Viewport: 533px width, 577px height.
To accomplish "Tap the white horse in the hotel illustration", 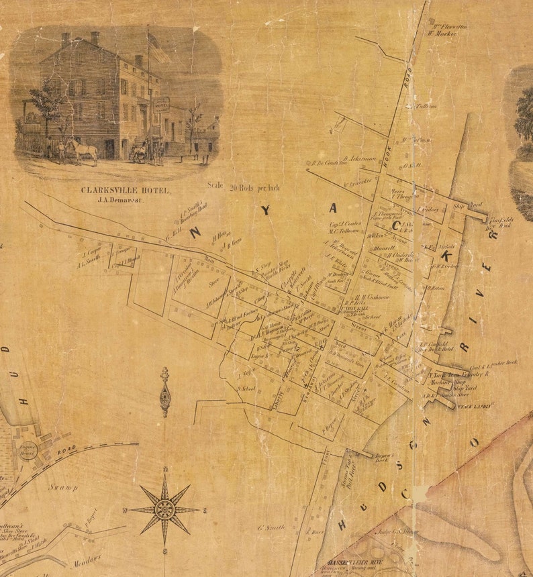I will click(x=83, y=150).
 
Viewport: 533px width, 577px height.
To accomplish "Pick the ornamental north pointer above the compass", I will click(x=164, y=392).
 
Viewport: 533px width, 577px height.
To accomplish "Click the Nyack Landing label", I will click(x=476, y=405).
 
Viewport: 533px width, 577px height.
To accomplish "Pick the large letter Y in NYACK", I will click(x=266, y=210).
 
